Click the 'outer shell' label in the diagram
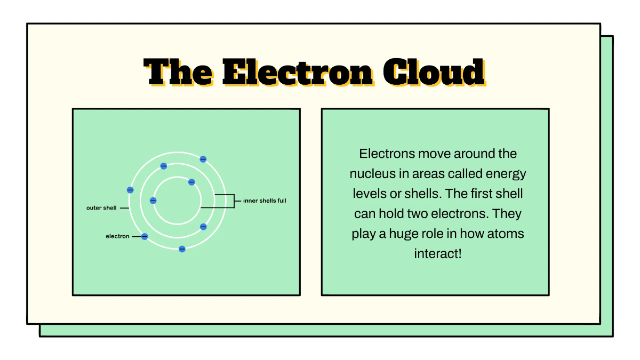[x=101, y=208]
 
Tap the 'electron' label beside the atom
[x=117, y=236]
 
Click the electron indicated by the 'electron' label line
[x=145, y=236]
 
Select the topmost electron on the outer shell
[x=203, y=159]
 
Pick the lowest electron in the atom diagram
[x=182, y=249]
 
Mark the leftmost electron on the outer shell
[x=130, y=190]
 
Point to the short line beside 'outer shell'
[x=124, y=208]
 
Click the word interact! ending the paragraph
[x=437, y=253]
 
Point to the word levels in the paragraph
[x=370, y=194]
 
